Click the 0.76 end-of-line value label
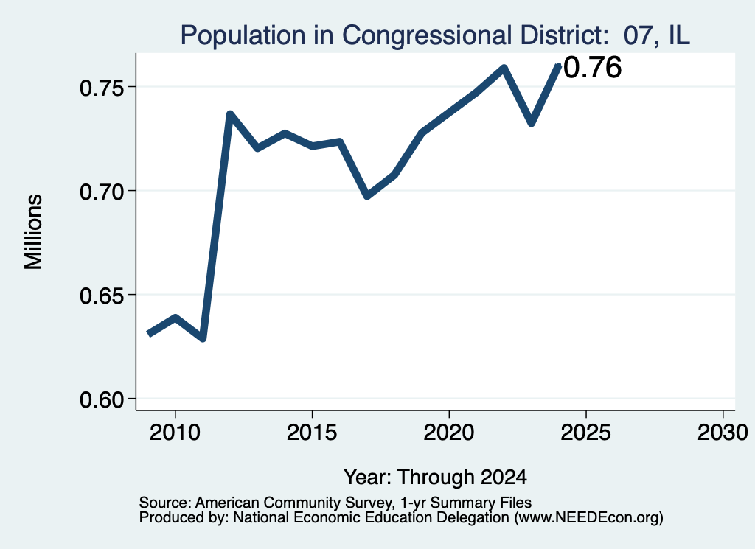click(x=592, y=67)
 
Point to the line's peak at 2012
click(x=230, y=114)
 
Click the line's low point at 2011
click(x=203, y=338)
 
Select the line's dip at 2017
click(x=367, y=195)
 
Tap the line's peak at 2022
click(x=504, y=68)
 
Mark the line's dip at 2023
click(x=532, y=122)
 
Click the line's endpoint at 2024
click(x=559, y=66)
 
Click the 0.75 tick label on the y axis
click(x=102, y=88)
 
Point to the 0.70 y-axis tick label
click(x=102, y=192)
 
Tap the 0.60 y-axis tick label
click(x=102, y=400)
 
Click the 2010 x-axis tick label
click(x=175, y=433)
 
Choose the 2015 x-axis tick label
click(x=312, y=433)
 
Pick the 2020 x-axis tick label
click(x=449, y=433)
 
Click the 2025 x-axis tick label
click(x=586, y=433)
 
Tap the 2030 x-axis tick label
click(x=723, y=433)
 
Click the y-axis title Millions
click(x=33, y=231)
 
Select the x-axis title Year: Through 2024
click(x=435, y=478)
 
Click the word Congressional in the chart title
click(x=427, y=36)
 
